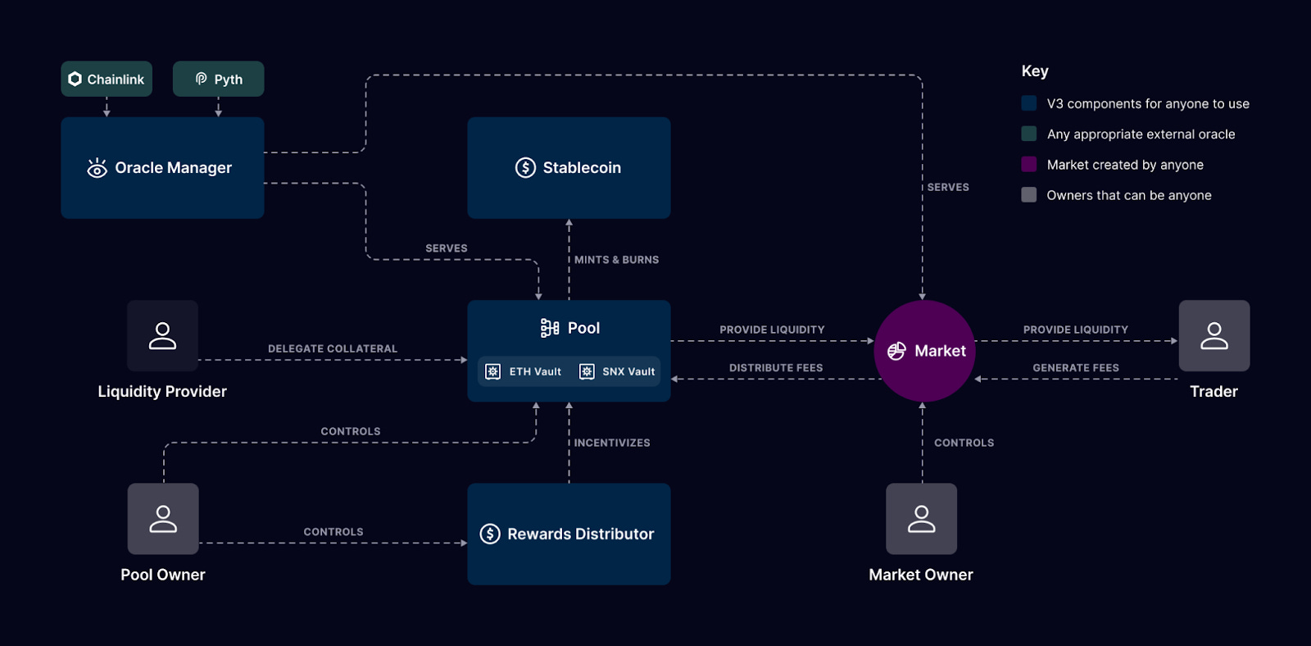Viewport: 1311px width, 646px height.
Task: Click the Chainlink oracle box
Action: click(107, 79)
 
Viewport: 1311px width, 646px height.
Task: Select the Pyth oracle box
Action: click(218, 79)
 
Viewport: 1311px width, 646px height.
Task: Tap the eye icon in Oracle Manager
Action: click(97, 168)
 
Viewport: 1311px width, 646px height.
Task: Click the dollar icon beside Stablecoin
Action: click(525, 167)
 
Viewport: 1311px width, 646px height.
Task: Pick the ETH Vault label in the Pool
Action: click(535, 371)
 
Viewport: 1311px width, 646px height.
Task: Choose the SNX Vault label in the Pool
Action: click(628, 371)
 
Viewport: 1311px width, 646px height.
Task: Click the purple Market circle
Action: click(924, 351)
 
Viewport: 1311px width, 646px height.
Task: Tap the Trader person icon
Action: click(1213, 335)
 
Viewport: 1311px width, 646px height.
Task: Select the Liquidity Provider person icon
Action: click(162, 335)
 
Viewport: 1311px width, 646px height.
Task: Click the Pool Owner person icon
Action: click(163, 518)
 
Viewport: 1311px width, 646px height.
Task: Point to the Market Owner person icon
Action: click(921, 518)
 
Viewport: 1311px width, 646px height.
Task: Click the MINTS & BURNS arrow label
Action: click(616, 260)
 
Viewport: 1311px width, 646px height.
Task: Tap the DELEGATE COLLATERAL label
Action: click(332, 348)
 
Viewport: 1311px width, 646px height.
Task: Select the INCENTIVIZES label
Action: click(611, 443)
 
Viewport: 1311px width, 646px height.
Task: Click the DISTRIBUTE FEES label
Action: click(775, 368)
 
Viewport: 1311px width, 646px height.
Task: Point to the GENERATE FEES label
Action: click(1075, 368)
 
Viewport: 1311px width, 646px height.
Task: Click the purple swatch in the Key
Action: click(1029, 164)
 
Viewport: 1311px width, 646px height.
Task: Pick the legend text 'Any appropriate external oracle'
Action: click(1141, 134)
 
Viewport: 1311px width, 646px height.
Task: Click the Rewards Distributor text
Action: click(580, 534)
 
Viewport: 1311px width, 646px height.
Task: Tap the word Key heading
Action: click(1035, 71)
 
